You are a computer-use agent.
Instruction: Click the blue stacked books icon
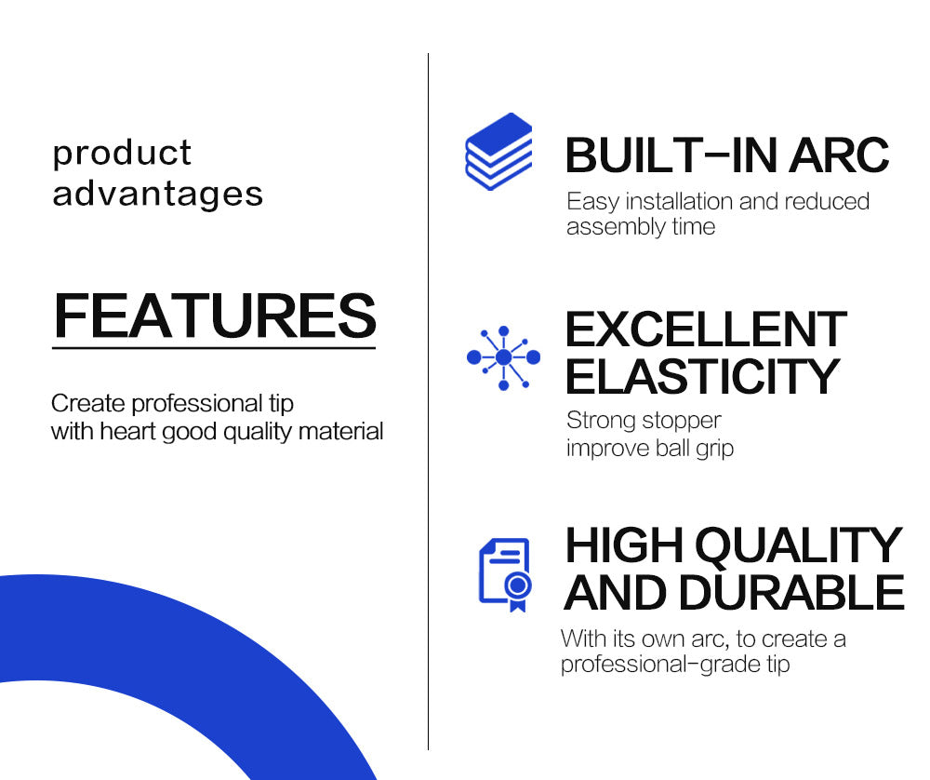point(498,152)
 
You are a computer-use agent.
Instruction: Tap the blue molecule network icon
point(503,357)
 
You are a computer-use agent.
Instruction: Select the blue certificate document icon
point(505,574)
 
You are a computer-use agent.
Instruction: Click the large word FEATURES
point(215,316)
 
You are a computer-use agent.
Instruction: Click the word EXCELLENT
point(706,329)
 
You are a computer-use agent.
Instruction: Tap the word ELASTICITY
point(702,376)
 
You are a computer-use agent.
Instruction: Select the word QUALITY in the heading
point(799,545)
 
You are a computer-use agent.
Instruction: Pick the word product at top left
point(122,154)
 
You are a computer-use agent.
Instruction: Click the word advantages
point(158,195)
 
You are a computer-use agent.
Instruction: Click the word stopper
point(682,421)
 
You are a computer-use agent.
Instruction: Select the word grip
point(715,449)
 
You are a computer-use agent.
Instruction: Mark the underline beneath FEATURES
point(214,348)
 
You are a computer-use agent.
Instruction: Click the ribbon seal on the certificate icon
point(518,592)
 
